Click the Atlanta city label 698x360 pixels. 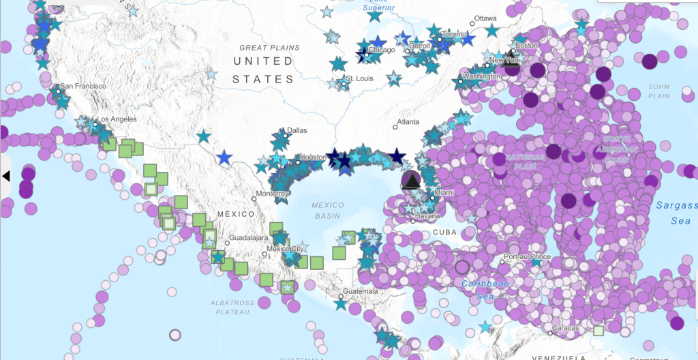(409, 123)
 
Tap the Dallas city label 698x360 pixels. (297, 130)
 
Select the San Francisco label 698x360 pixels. (83, 87)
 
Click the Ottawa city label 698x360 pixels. (485, 18)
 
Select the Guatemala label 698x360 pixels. (361, 291)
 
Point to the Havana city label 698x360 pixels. (428, 216)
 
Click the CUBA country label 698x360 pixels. (444, 232)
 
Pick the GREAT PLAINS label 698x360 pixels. (264, 48)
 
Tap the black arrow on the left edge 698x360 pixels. (6, 176)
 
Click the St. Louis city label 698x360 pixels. (359, 78)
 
